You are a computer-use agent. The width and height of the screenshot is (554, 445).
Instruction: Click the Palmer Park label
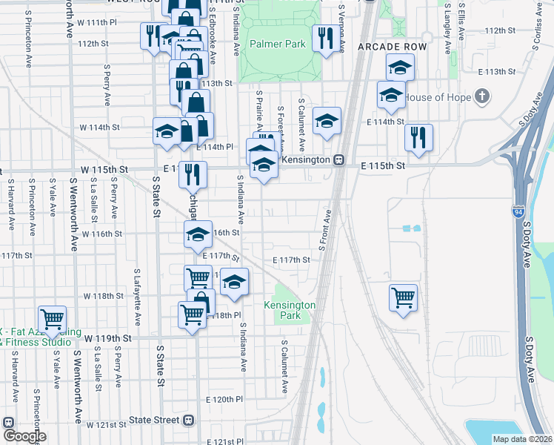pos(277,44)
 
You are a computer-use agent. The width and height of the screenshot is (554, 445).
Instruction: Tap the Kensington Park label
pos(290,310)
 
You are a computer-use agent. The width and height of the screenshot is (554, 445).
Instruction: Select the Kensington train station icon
pos(338,159)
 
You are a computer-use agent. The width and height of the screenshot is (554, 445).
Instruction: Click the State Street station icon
pos(189,420)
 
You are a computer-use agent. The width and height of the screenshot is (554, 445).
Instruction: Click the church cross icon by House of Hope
pos(482,96)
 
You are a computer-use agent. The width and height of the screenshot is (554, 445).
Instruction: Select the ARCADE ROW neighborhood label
pos(382,46)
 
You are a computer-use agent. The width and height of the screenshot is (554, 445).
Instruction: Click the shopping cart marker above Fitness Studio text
pos(53,319)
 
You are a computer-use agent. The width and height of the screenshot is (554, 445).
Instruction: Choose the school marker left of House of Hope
pos(390,94)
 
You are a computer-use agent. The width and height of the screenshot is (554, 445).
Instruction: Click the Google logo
pos(24,436)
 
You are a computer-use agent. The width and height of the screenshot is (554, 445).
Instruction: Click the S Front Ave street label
pos(324,230)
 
